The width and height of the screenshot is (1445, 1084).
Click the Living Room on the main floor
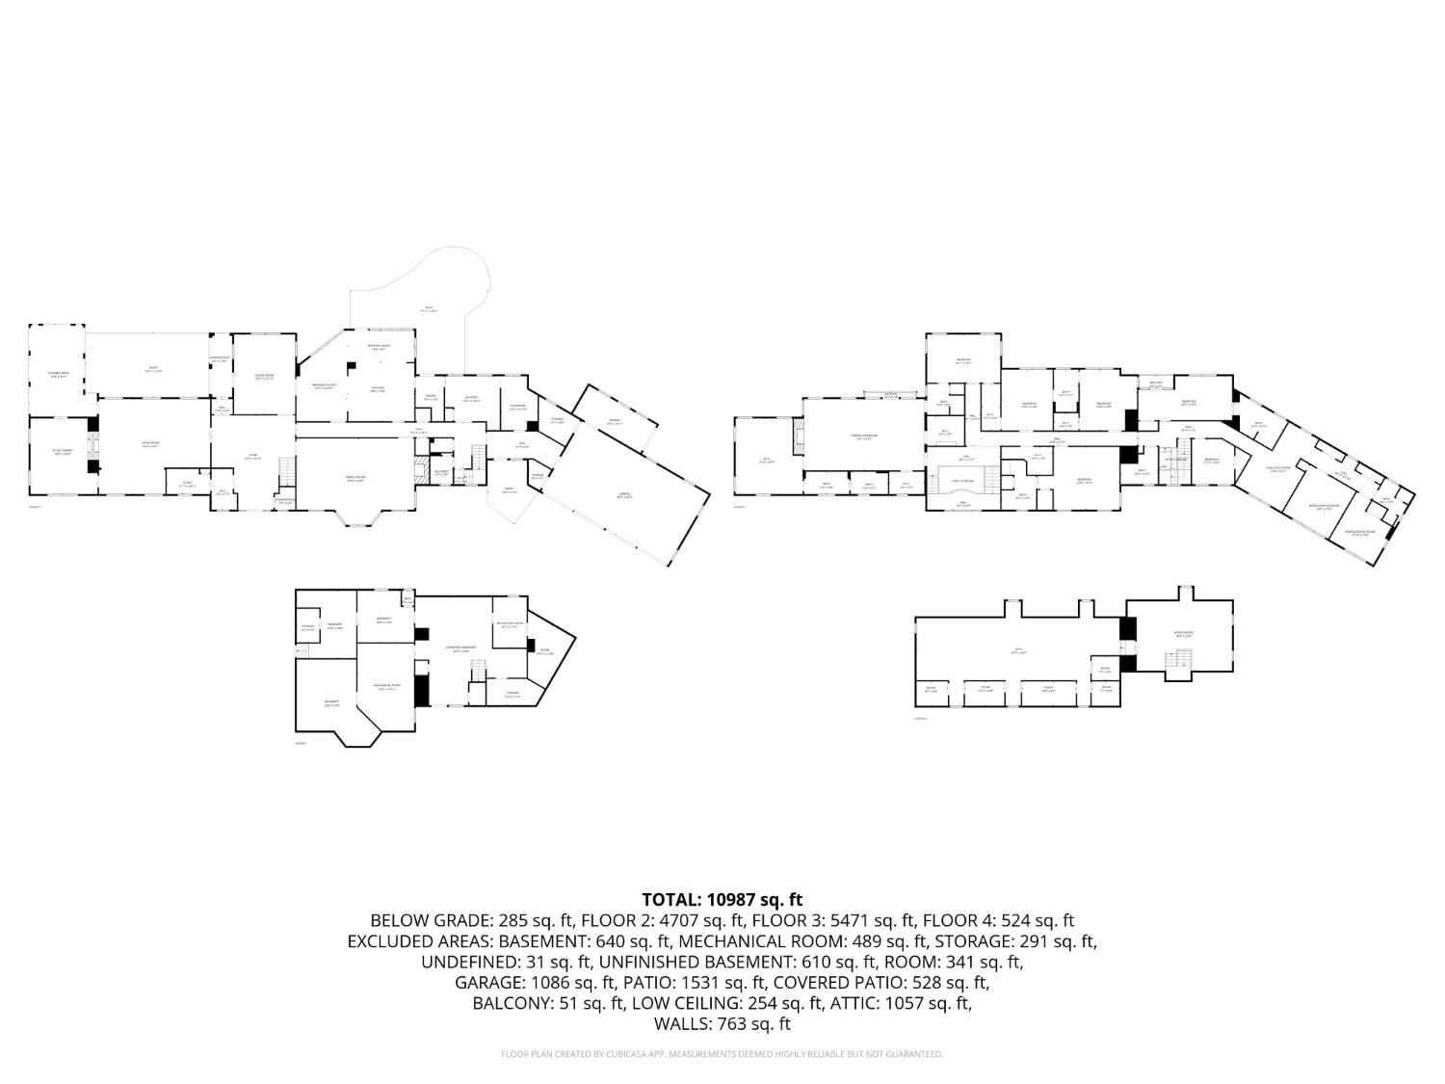coord(150,444)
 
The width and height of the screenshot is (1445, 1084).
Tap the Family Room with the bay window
coord(355,478)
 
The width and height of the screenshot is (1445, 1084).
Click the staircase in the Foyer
coord(284,473)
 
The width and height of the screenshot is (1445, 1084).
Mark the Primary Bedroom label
coord(864,436)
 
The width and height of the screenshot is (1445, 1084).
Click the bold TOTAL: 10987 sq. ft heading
coord(722,900)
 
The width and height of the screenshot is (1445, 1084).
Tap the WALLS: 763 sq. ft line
coord(722,1024)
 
